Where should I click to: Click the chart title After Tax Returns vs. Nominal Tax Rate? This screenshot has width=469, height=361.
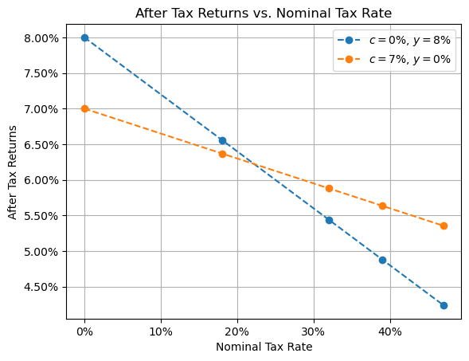tap(264, 13)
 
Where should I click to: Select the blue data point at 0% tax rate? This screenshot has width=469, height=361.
tap(84, 37)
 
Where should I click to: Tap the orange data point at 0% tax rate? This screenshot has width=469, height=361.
tap(84, 108)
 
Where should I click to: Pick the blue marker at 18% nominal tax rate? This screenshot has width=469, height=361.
tap(222, 140)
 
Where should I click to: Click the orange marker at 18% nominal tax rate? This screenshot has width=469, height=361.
tap(222, 154)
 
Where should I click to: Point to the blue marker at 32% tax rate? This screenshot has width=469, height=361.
tap(329, 220)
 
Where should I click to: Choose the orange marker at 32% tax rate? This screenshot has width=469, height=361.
tap(329, 188)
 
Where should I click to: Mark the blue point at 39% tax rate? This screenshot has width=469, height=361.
tap(382, 260)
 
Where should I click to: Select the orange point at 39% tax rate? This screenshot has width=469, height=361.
tap(382, 206)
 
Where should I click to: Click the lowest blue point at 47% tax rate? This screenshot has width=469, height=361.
tap(444, 305)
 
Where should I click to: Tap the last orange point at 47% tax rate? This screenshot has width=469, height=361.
tap(444, 226)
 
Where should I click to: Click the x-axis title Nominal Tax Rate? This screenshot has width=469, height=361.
tap(264, 347)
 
